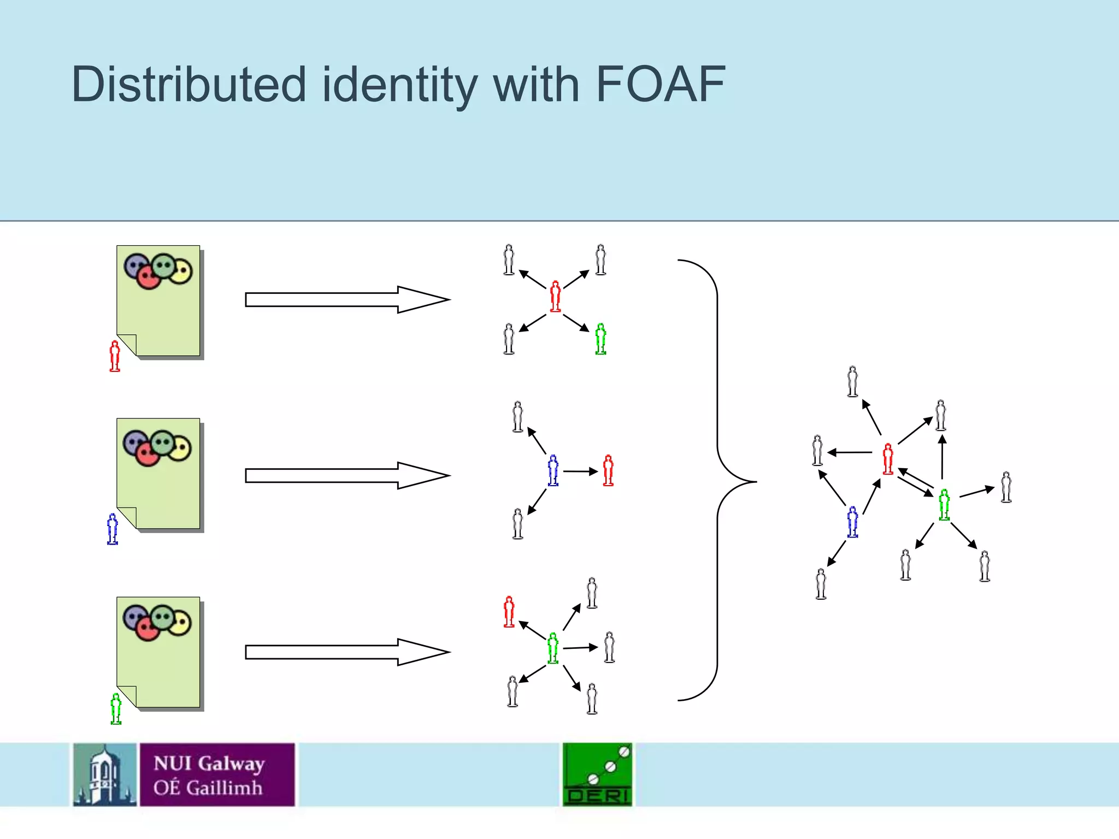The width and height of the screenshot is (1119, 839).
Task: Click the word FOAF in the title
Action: click(x=660, y=85)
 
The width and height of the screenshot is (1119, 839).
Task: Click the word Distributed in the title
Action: click(x=189, y=85)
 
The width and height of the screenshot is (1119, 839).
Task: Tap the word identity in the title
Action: click(x=399, y=86)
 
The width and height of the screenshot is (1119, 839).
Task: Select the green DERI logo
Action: click(x=597, y=775)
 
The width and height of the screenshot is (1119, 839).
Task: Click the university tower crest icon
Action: click(x=105, y=775)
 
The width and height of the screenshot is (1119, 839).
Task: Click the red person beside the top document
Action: click(x=115, y=356)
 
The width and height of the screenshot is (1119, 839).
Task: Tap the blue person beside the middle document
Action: click(x=113, y=529)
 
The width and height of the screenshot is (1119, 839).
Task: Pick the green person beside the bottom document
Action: click(x=116, y=708)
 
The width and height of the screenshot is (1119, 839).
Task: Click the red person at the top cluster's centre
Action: click(x=555, y=297)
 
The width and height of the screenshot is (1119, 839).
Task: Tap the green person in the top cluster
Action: click(x=600, y=339)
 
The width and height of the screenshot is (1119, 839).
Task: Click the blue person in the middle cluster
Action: click(x=553, y=470)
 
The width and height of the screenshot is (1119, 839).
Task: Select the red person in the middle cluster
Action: click(x=608, y=470)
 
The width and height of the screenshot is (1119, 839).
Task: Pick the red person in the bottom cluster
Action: click(x=509, y=611)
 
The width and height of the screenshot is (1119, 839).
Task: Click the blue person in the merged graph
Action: click(x=852, y=522)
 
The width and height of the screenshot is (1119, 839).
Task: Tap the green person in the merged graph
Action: click(x=944, y=505)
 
